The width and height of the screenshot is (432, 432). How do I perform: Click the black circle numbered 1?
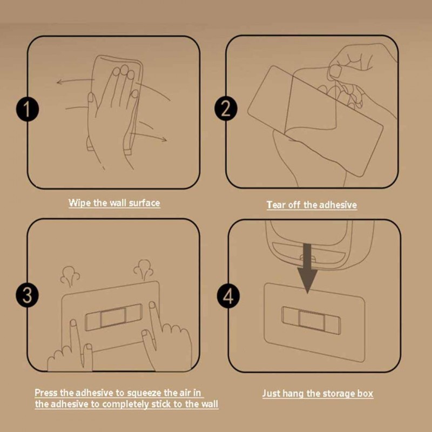pos(28,109)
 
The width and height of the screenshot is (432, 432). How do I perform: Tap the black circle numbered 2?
pos(226,109)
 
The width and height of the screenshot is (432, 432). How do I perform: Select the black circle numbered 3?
pos(28,295)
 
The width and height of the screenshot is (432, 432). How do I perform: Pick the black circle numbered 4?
pos(228,296)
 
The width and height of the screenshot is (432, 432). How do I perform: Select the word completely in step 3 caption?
pos(125,404)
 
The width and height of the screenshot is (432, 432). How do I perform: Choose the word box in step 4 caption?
pos(366,394)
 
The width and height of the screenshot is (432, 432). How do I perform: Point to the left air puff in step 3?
pos(70,276)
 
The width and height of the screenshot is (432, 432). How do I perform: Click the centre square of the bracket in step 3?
pos(113,318)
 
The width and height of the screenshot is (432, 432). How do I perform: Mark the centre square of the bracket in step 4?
pos(312,321)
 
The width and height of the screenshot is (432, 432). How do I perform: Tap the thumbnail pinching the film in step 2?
pos(335,71)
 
